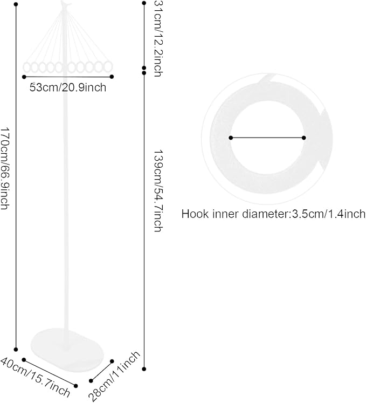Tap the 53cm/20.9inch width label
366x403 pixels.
[68, 87]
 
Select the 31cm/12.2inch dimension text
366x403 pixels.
[158, 38]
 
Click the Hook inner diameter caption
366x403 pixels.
[273, 214]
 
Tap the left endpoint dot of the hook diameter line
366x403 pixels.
[231, 138]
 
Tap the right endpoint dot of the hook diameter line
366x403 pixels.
[304, 138]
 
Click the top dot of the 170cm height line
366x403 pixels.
[16, 4]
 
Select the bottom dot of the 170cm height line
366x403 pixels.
[16, 350]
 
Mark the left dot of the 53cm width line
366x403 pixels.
[24, 77]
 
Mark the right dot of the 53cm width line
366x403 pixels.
[112, 77]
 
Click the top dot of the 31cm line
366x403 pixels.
[144, 3]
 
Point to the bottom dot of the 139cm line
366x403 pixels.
[144, 369]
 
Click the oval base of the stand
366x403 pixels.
[67, 350]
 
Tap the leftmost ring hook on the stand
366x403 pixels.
[27, 67]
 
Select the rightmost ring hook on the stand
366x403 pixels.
[108, 67]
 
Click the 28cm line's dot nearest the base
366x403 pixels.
[112, 361]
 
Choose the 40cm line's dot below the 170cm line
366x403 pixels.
[24, 359]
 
